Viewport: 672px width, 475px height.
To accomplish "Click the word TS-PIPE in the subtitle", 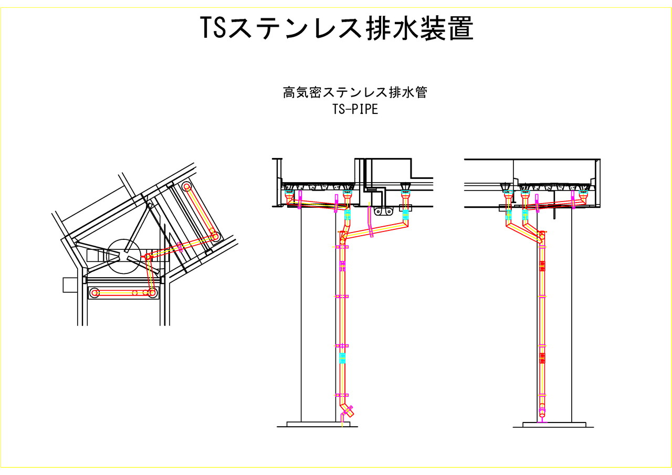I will tap(355, 110).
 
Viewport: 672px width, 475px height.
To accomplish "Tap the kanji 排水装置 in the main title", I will tap(419, 29).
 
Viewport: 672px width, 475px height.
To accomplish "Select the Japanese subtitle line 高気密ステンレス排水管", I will tap(355, 93).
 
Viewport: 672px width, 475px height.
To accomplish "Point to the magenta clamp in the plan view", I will tap(181, 246).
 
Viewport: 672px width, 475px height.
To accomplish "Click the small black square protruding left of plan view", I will tap(69, 284).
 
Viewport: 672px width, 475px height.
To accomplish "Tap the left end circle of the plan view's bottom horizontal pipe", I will tap(94, 293).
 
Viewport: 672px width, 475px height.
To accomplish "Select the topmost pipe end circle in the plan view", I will tap(187, 187).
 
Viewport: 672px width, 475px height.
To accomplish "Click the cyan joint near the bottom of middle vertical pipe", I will tap(342, 358).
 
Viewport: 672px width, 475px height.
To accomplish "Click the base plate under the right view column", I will tap(554, 424).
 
